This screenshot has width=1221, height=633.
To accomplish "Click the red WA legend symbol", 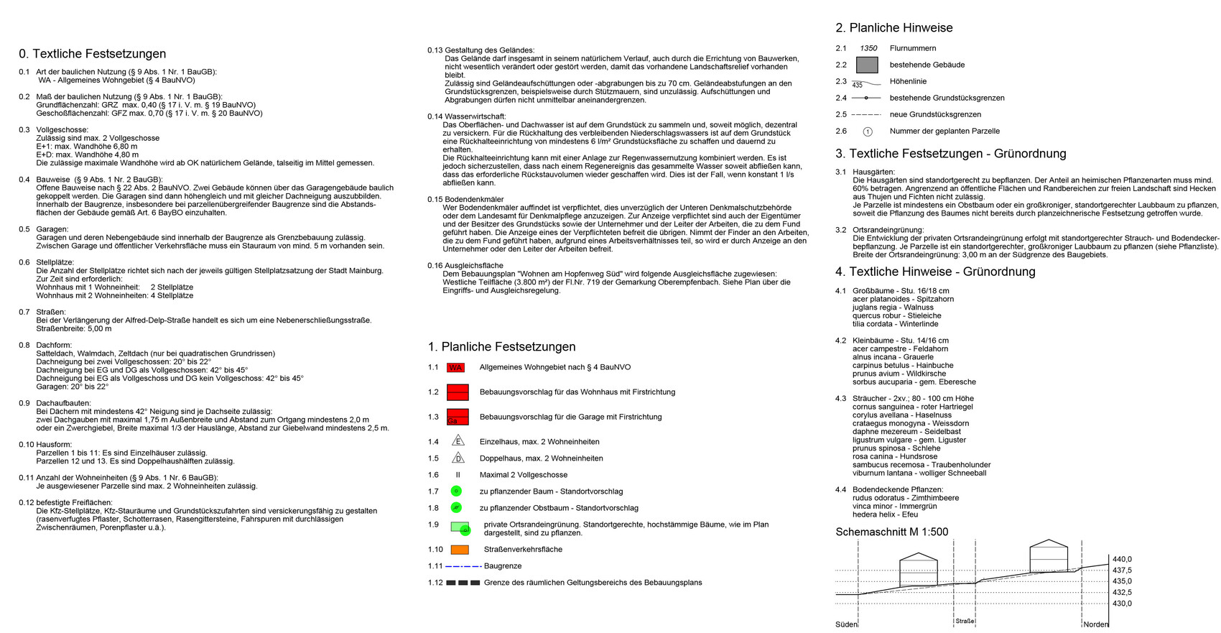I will point(455,368).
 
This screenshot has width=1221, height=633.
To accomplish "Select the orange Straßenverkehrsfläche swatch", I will point(460,550).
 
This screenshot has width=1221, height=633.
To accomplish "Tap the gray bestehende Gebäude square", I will point(868,65).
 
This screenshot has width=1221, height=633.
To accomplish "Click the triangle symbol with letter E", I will point(458,441).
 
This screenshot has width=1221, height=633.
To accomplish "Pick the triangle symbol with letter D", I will point(458,458).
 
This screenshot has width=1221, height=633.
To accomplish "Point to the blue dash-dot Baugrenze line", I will point(463,566).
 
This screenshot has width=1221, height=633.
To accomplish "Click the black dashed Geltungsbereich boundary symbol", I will point(463,583).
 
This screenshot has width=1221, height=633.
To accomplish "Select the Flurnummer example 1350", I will point(868,48).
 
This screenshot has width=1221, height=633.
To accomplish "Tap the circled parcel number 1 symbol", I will point(868,131).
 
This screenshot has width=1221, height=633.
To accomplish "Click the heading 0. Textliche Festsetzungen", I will point(92,54).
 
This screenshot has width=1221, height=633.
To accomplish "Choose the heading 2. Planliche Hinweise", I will point(893,28).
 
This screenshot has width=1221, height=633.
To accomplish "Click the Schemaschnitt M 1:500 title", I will point(891,532).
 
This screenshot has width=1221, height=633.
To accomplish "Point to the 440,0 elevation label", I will point(1122,559).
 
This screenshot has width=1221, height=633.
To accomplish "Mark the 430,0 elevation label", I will point(1122,604).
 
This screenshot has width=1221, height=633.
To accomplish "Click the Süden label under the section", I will point(846,624).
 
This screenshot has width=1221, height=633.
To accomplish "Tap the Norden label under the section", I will point(1096,624).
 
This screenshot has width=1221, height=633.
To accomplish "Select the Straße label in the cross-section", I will point(965,621).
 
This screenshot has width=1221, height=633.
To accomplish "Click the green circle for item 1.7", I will point(455,491).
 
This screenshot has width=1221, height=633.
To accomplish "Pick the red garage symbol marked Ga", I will point(458,417).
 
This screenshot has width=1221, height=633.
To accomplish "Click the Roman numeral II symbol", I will point(458,475).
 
